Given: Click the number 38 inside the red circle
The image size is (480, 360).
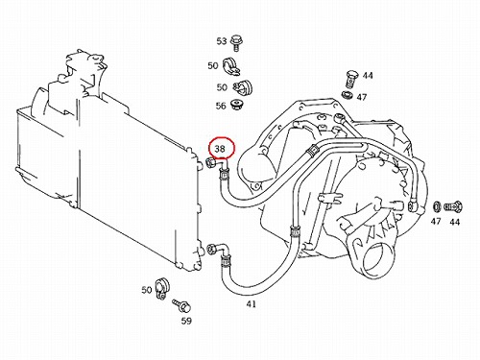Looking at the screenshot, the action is pos(220,149).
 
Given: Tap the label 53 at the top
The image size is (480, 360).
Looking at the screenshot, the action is pos(222,41).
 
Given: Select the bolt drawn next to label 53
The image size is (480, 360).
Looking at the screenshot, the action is pos(236,42).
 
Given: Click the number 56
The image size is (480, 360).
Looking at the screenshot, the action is pos(221,106).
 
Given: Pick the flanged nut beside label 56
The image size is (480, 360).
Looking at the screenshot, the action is pos(237,105).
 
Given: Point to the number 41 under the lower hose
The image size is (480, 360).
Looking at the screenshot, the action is pos(252,304).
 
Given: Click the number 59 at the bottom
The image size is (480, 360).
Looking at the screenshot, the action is pos(186,321).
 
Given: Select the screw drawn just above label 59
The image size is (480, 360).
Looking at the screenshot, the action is pos(181,305).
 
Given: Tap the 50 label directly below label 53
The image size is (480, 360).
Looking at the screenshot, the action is pos(213,66).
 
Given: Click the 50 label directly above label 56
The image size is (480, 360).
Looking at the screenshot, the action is pos(222,87).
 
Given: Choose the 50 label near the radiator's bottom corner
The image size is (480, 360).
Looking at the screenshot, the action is pos(147,290).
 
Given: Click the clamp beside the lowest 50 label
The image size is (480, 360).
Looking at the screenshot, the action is pos(162,288).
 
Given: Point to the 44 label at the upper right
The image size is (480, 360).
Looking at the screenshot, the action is pos(368,76).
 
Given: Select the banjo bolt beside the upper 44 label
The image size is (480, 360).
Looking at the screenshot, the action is pos(350,79).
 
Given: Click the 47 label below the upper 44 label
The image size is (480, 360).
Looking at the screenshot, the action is pos(362,97).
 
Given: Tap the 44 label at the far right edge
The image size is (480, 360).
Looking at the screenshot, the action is pos(455,222).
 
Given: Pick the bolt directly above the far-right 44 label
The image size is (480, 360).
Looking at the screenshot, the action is pos(453,206).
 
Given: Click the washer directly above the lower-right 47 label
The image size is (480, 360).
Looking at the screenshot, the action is pos(436,206).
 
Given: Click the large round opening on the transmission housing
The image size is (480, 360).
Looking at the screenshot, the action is pos(378,260).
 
